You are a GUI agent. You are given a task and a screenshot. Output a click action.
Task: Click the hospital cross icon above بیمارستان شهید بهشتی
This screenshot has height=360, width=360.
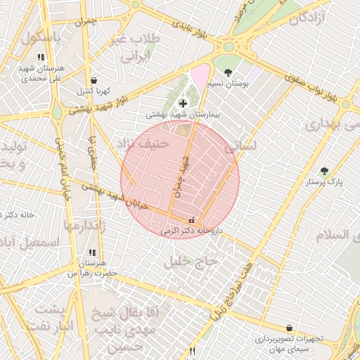183,103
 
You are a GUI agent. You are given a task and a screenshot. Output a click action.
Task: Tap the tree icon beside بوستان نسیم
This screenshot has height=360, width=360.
228,72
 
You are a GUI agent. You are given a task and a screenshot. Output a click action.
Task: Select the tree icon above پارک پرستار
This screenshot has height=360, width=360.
324,171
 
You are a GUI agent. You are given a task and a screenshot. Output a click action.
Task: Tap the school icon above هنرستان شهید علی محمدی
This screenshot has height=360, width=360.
41,57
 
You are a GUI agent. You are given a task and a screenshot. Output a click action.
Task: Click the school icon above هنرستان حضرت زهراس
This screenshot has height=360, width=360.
91,252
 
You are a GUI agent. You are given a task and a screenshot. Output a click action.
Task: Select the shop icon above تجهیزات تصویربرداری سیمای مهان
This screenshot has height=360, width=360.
289,328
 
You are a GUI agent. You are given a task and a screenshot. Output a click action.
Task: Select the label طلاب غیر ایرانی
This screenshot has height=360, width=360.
141,48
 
